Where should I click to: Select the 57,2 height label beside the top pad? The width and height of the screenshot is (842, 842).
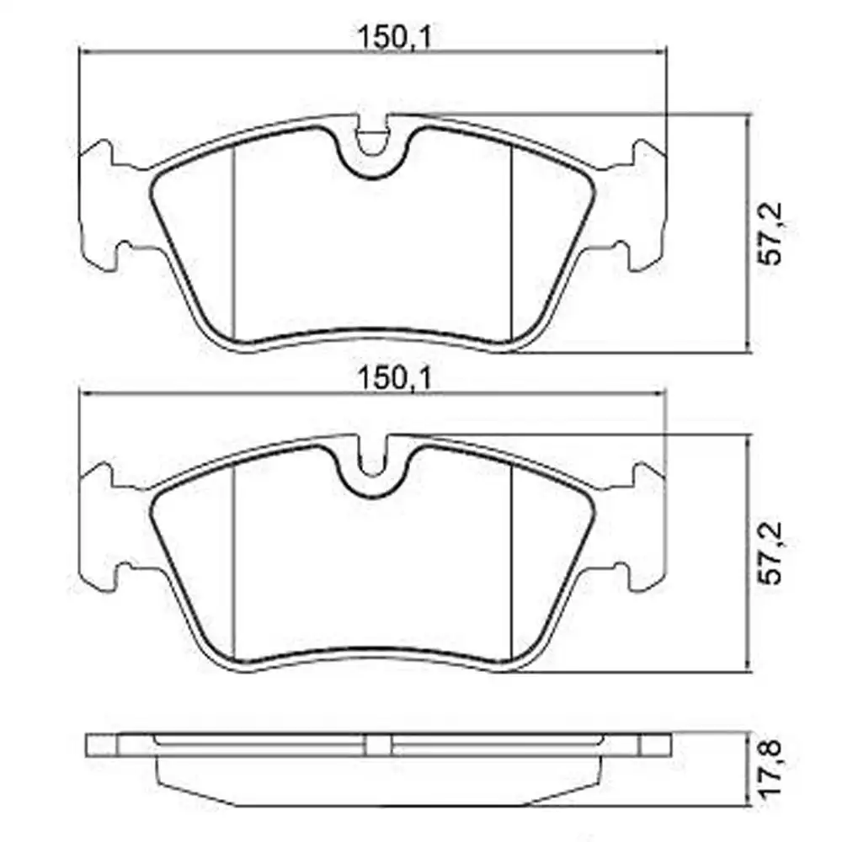771,233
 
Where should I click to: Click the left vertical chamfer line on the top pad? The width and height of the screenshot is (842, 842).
232,244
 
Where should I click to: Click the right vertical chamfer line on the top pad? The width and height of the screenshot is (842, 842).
512,244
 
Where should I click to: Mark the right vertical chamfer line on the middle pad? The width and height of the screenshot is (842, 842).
512,564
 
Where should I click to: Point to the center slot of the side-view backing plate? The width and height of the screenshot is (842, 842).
379,744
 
